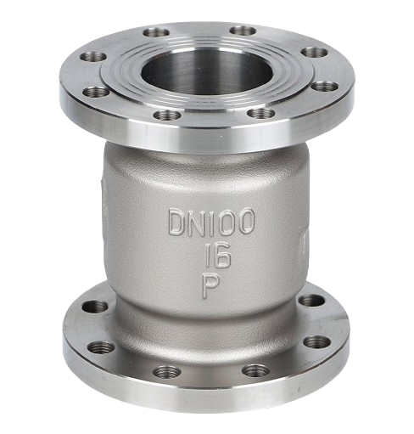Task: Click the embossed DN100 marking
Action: tap(211, 222)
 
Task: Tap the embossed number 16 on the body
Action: tap(217, 256)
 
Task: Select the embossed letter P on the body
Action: tap(210, 287)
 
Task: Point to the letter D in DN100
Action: tap(177, 223)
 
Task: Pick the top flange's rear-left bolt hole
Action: tap(156, 32)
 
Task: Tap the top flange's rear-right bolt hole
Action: tap(243, 31)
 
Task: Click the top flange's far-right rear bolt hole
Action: tap(314, 53)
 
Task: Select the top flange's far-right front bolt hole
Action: tap(326, 86)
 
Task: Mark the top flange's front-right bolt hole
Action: tap(260, 113)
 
